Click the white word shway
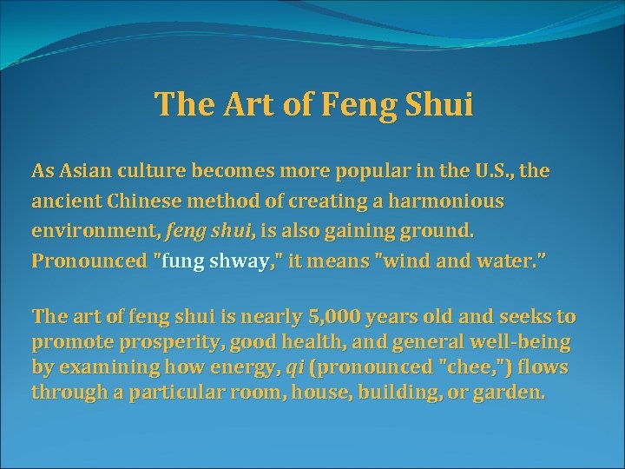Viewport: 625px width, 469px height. tap(239, 261)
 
